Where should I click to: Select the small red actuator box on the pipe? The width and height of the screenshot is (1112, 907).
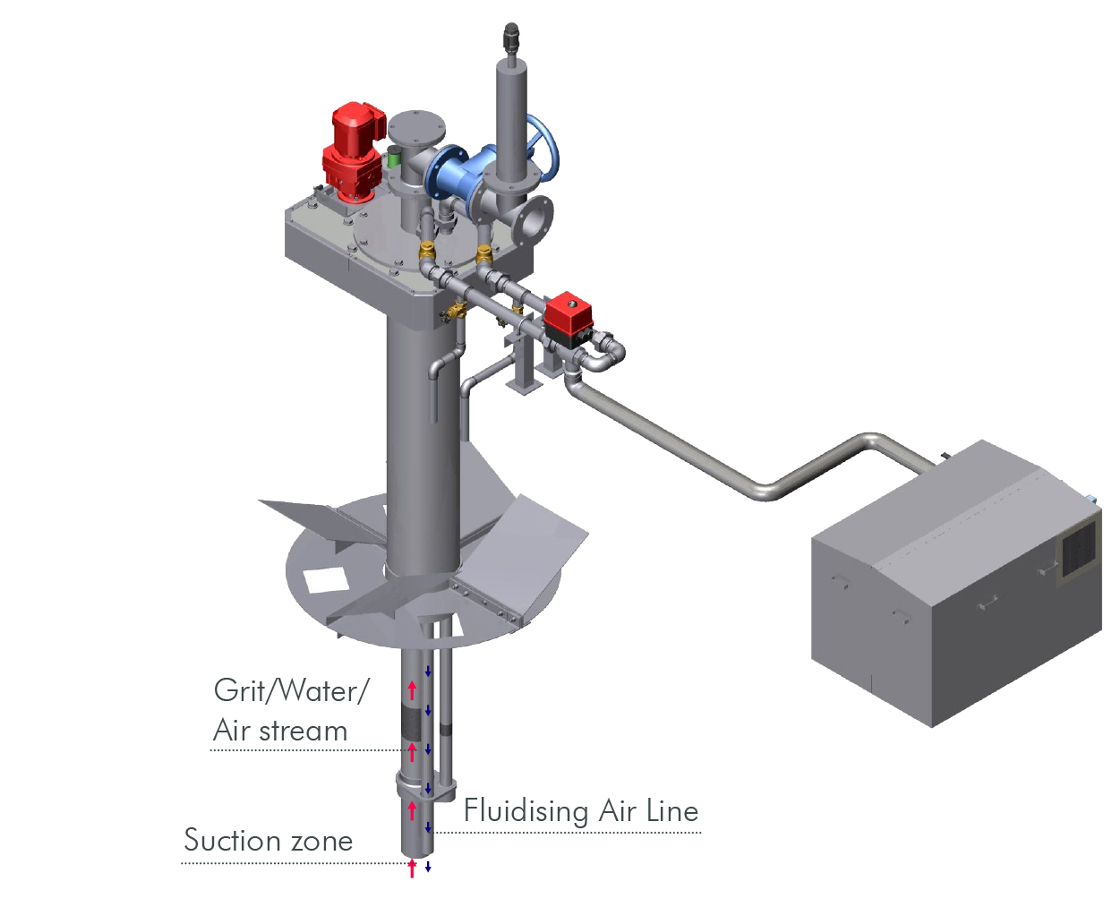[569, 312]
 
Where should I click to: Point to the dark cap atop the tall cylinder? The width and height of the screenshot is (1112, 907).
[511, 39]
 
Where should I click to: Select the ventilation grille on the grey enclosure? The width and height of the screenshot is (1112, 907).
[1078, 548]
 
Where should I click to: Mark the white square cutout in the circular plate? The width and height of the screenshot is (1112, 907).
[325, 580]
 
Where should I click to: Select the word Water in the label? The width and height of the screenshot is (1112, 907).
[319, 690]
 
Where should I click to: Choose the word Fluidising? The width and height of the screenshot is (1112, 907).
[526, 811]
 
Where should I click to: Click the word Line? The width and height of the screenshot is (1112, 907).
[672, 810]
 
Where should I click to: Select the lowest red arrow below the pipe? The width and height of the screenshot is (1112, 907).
[412, 868]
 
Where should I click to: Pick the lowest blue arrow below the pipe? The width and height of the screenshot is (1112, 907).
[428, 866]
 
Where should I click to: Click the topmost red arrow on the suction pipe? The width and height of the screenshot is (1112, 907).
[412, 689]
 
